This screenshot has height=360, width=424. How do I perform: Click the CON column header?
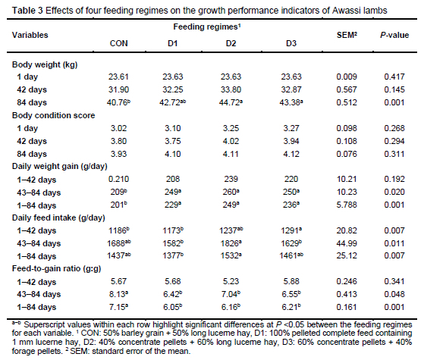(x=119, y=43)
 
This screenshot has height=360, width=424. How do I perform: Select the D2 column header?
(x=231, y=43)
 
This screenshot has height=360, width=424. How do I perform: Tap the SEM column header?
(x=347, y=35)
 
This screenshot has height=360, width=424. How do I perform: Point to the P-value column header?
(x=394, y=35)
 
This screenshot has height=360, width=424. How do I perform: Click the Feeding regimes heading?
(x=207, y=27)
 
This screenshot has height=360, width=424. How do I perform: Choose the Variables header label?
(x=30, y=35)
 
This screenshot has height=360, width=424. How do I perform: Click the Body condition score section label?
(x=54, y=115)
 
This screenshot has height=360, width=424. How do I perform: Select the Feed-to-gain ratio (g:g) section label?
(x=57, y=268)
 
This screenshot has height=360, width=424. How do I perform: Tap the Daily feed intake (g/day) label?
(x=58, y=218)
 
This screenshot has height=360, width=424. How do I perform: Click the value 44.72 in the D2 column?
(x=231, y=102)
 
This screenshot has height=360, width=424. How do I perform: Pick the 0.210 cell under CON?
(x=119, y=179)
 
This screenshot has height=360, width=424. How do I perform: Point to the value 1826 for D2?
(x=231, y=243)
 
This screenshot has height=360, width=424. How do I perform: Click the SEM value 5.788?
(x=347, y=205)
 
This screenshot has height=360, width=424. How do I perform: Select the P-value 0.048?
(x=394, y=294)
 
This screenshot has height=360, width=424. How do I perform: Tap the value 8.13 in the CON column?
(x=119, y=294)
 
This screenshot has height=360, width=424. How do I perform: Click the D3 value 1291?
(x=291, y=230)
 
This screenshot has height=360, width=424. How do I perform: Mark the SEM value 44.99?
(x=347, y=243)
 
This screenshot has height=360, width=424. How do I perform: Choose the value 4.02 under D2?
(x=231, y=141)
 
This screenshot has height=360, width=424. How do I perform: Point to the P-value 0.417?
(x=394, y=77)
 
